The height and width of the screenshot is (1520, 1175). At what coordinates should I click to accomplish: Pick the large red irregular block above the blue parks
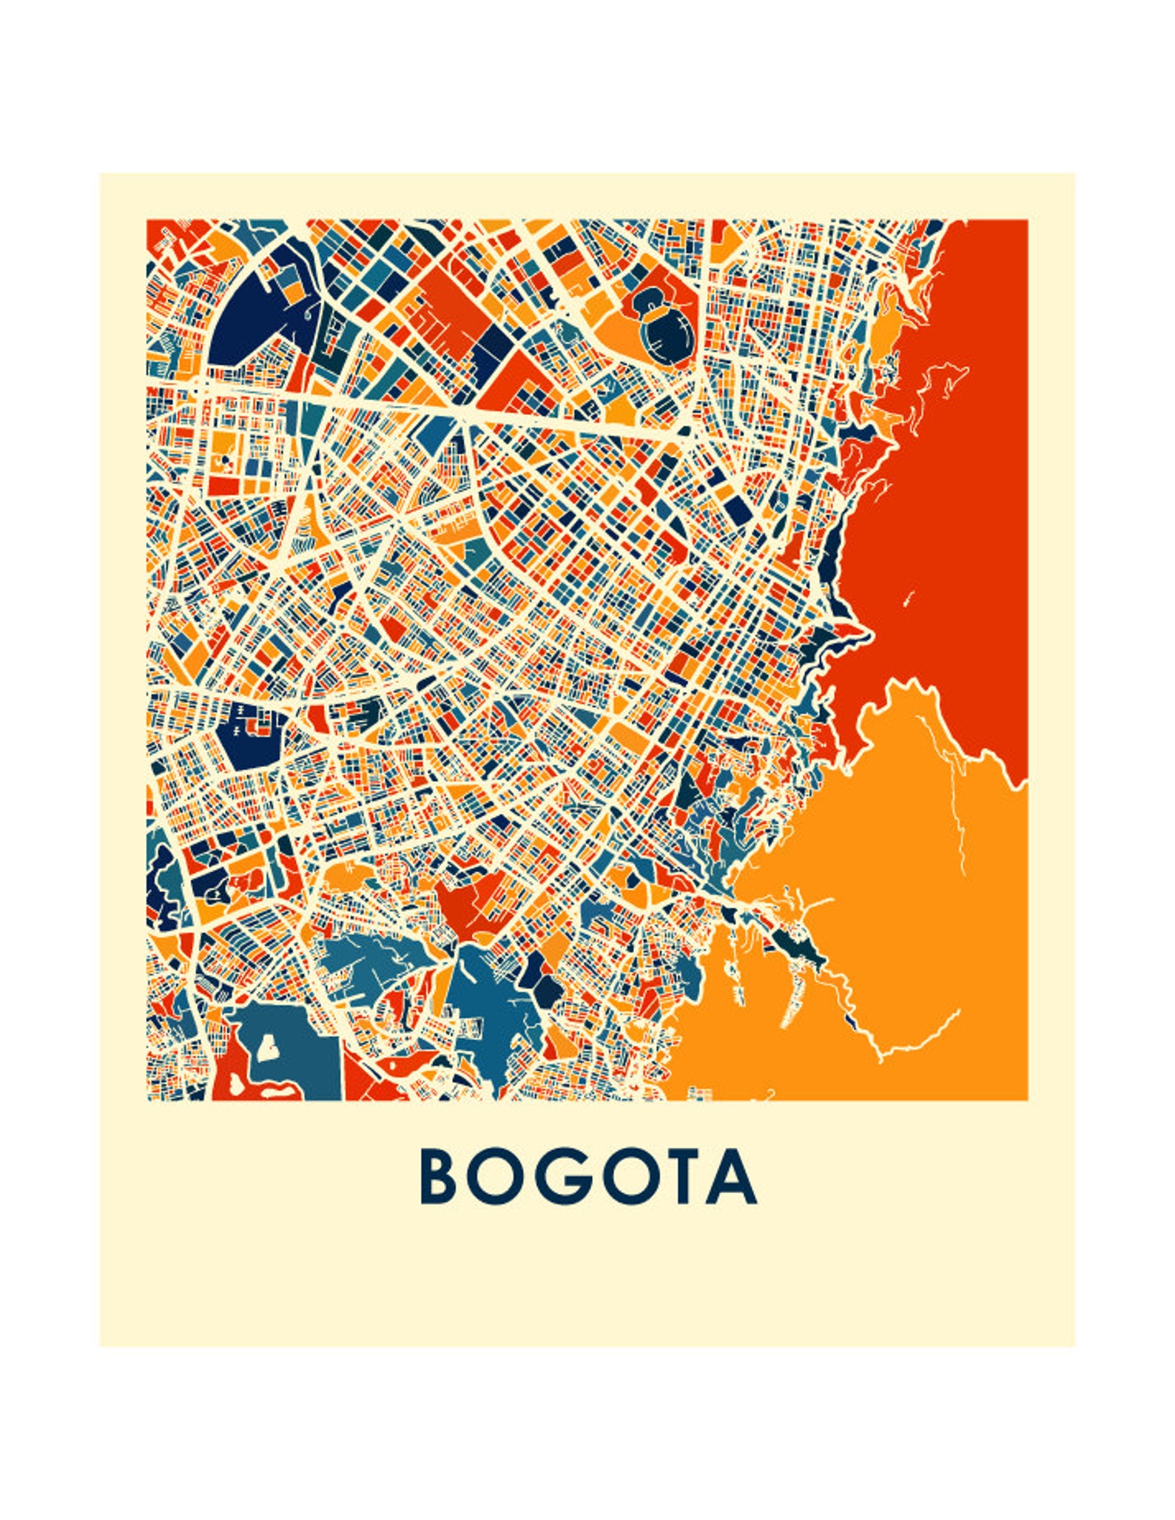466,906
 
